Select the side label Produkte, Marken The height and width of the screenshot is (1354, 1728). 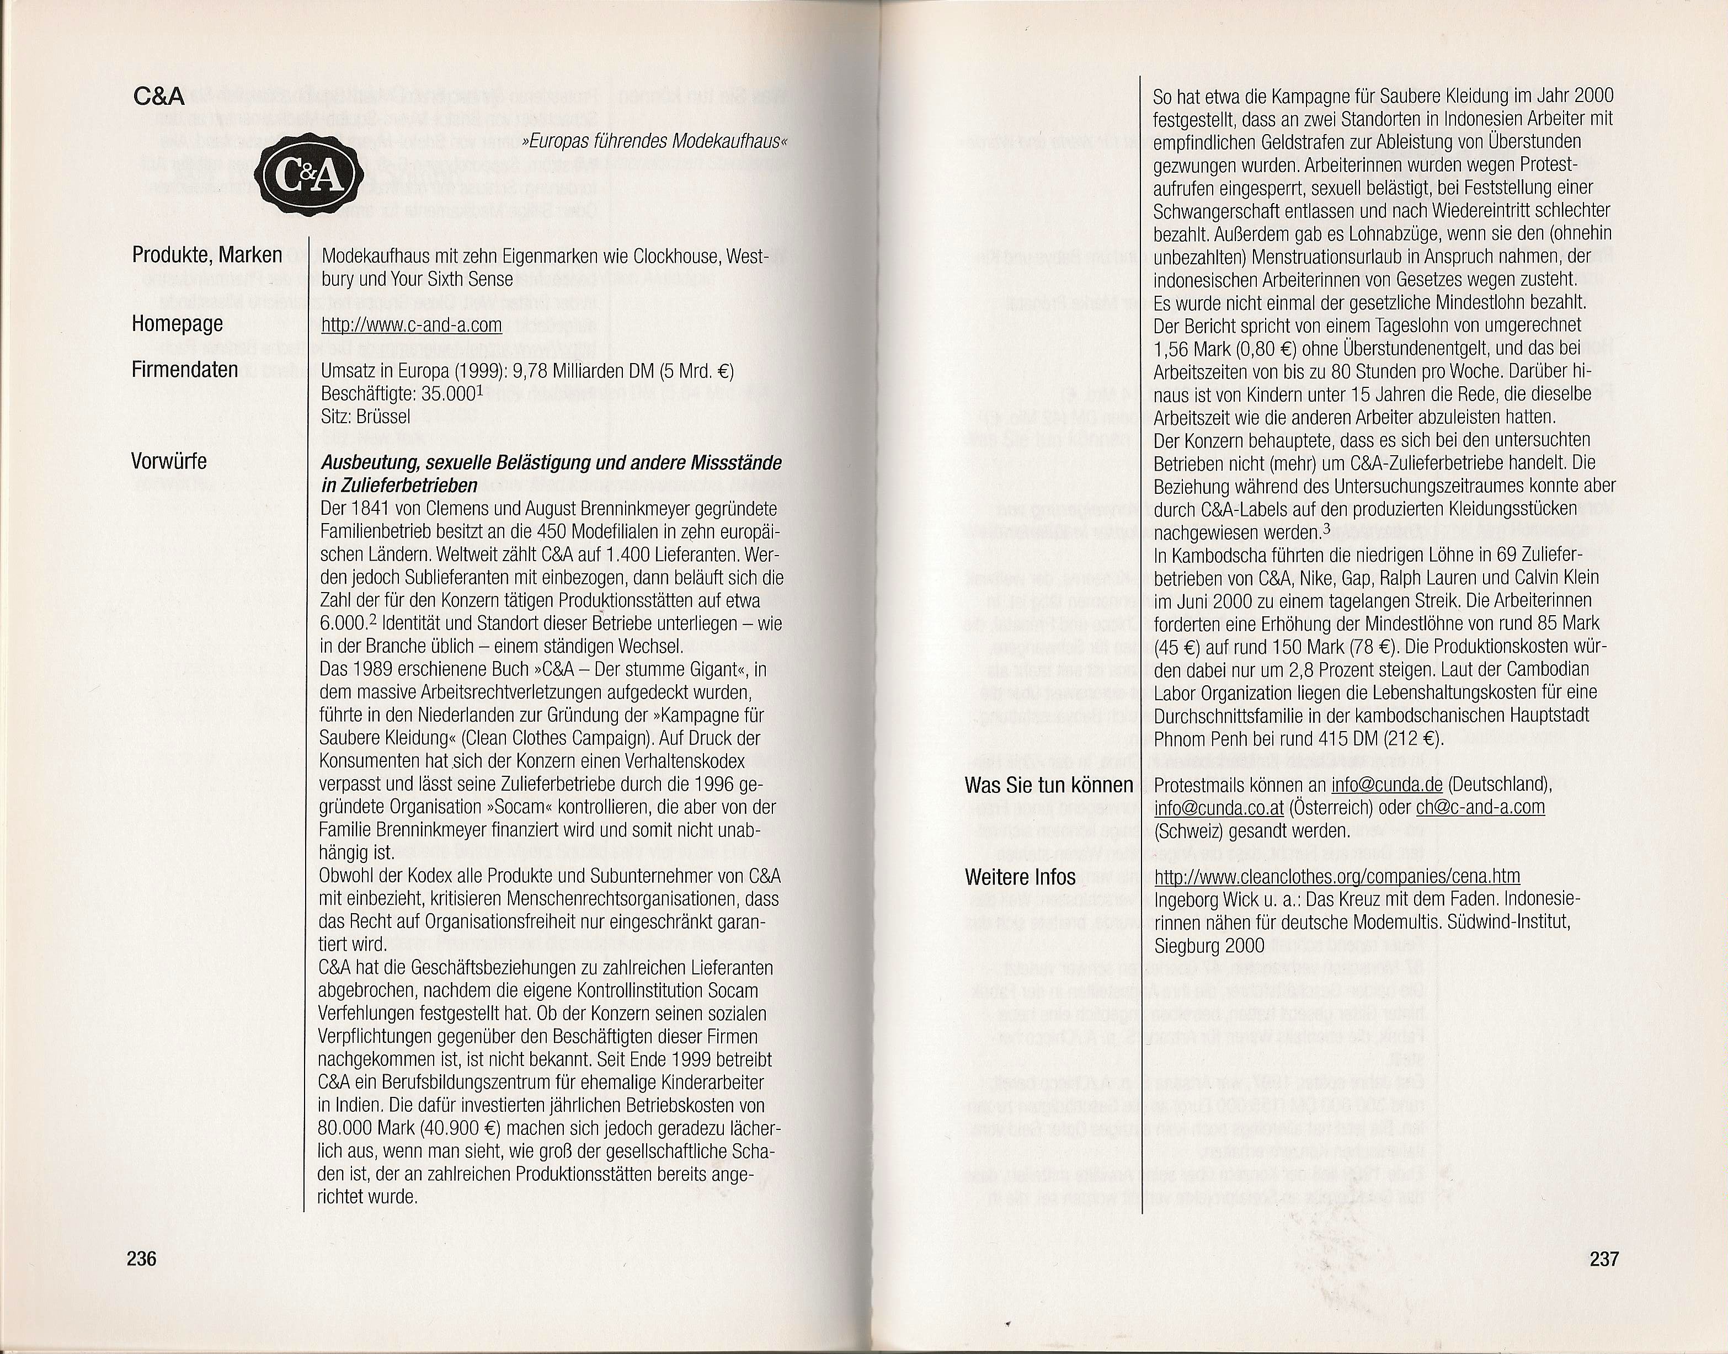point(207,255)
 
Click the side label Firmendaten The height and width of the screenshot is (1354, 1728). point(185,370)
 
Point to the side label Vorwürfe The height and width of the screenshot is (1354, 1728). point(169,461)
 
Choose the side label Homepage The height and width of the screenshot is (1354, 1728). point(178,323)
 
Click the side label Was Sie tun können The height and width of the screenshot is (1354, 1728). point(1049,786)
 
